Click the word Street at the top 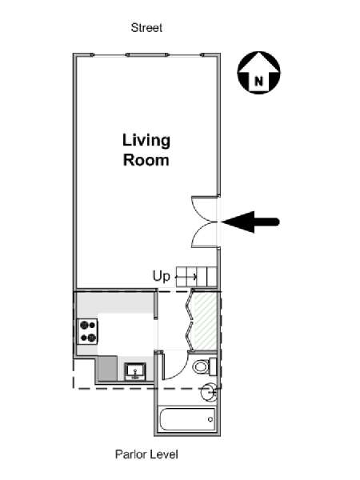pos(146,28)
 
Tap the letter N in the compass pos(259,82)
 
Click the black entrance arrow pos(250,222)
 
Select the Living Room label pos(146,150)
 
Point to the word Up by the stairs pos(161,277)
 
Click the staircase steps pos(197,277)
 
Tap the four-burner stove pos(88,331)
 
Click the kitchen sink pos(135,371)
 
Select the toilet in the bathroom pos(205,366)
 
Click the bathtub pos(186,419)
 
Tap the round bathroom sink pos(209,391)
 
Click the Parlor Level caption pos(146,454)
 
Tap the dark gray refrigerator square pos(107,368)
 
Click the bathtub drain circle pos(210,419)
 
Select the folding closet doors pos(189,321)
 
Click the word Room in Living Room pos(146,160)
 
